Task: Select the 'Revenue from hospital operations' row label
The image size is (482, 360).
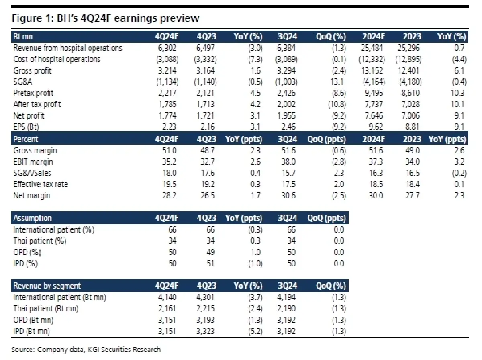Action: tap(68, 48)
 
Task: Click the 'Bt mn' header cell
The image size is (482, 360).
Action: tap(23, 37)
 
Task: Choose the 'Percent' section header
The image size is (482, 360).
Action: tap(26, 139)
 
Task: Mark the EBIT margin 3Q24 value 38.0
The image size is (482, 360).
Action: tap(288, 162)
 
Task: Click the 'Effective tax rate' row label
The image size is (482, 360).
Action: tap(41, 185)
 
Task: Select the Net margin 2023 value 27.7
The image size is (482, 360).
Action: tap(413, 196)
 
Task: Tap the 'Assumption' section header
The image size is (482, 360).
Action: tap(33, 218)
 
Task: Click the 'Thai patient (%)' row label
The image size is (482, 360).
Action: tap(40, 241)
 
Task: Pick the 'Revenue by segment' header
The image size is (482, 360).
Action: tap(47, 286)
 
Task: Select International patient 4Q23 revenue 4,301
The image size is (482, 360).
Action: tap(207, 298)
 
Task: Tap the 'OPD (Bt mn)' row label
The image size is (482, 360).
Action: tap(33, 320)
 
